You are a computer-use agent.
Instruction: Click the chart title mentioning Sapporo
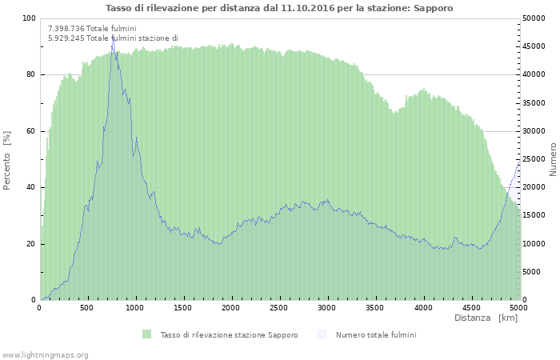(279, 8)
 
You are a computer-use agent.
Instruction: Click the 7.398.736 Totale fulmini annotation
(92, 29)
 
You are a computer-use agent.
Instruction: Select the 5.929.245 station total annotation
(113, 38)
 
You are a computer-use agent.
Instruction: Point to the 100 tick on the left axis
(29, 18)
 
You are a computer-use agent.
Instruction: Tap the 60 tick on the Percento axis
(31, 131)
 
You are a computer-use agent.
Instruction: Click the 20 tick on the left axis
(31, 244)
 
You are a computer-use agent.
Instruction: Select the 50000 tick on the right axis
(535, 18)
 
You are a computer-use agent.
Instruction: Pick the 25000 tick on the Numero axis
(535, 159)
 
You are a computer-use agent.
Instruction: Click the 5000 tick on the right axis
(533, 272)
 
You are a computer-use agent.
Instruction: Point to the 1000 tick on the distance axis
(135, 307)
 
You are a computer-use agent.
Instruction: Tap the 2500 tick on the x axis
(279, 307)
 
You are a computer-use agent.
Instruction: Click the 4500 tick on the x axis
(470, 307)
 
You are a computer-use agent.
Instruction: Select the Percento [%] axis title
(7, 159)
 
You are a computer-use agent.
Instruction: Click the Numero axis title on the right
(552, 159)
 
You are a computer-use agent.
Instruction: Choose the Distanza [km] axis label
(486, 318)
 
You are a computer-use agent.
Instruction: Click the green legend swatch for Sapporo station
(146, 334)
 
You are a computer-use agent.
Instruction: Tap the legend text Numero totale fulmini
(375, 334)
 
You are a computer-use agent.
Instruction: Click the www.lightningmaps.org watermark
(46, 354)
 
